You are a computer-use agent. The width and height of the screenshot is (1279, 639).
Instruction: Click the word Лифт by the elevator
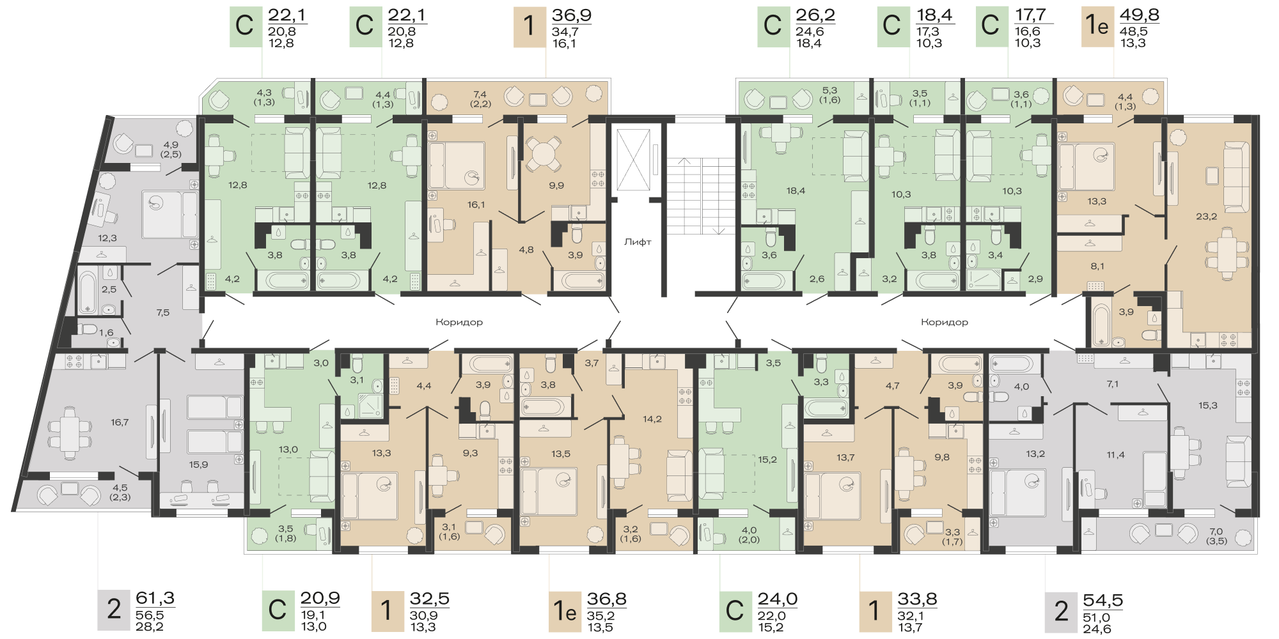point(638,242)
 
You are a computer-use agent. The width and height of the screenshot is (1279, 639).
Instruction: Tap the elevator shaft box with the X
point(633,160)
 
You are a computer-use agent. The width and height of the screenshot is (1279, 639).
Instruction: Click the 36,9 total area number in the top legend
point(572,15)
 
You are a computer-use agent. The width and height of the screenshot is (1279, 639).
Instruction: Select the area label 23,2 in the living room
point(1206,217)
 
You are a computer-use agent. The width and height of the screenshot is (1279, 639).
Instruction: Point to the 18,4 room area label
point(796,190)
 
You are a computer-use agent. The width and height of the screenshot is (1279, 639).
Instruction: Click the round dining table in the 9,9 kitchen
point(543,154)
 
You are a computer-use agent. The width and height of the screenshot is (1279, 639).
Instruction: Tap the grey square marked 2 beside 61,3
point(114,610)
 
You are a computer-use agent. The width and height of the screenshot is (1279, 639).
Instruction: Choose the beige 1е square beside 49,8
point(1097,27)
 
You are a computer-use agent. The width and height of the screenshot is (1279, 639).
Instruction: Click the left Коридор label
point(459,322)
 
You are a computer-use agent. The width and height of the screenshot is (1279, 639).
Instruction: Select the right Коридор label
point(945,322)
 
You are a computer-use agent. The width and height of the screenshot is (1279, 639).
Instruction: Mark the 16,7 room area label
point(120,422)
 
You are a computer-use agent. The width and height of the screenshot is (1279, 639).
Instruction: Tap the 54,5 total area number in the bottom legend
point(1103,601)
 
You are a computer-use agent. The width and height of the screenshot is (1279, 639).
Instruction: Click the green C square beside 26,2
point(773,27)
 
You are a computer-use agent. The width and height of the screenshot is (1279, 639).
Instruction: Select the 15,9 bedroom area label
point(198,465)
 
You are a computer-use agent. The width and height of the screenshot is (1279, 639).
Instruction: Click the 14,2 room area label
point(652,419)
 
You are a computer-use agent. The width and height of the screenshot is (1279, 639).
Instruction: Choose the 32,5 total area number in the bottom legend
point(430,599)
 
